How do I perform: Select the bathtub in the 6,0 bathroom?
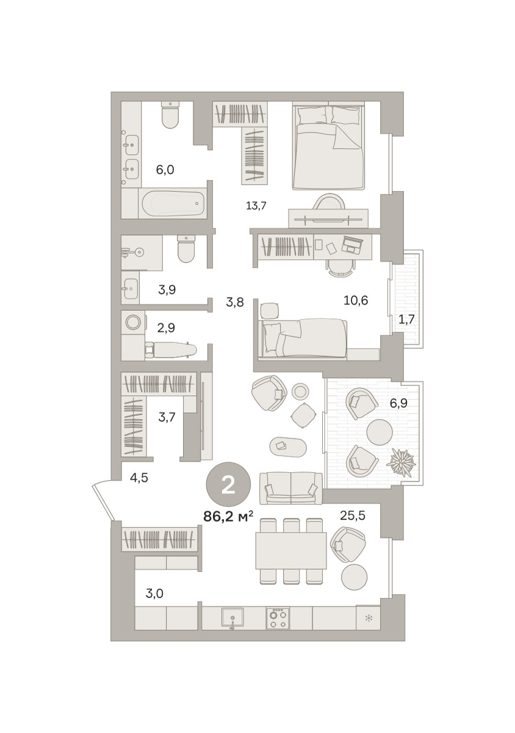[x=173, y=203]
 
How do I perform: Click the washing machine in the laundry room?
[x=134, y=323]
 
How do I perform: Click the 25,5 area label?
[x=353, y=516]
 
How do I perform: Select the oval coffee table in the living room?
[x=289, y=446]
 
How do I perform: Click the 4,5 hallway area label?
[x=139, y=478]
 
